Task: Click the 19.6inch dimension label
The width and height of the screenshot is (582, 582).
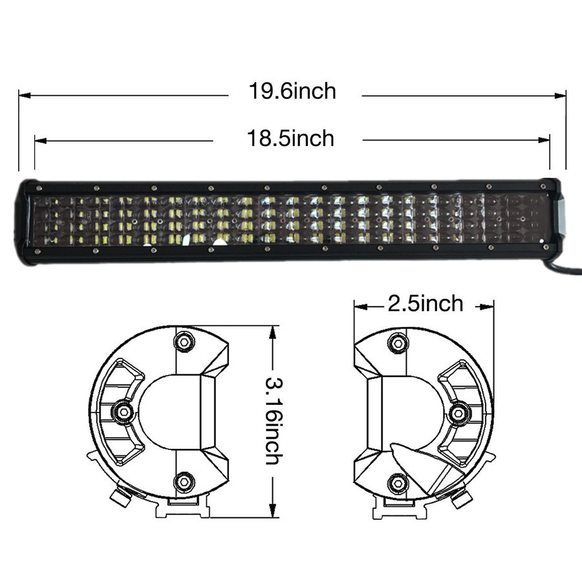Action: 292,91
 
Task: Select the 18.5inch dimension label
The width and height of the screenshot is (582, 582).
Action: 290,138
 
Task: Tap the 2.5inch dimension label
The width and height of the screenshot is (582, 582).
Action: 426,304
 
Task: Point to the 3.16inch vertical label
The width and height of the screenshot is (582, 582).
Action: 274,421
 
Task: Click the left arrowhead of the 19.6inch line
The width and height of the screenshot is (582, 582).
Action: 25,96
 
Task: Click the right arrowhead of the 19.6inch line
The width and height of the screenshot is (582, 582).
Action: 560,96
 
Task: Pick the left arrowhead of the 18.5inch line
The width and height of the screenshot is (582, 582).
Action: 41,141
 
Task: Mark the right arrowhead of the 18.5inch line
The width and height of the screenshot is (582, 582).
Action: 544,140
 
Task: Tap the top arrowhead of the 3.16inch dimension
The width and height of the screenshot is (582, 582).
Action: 273,332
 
